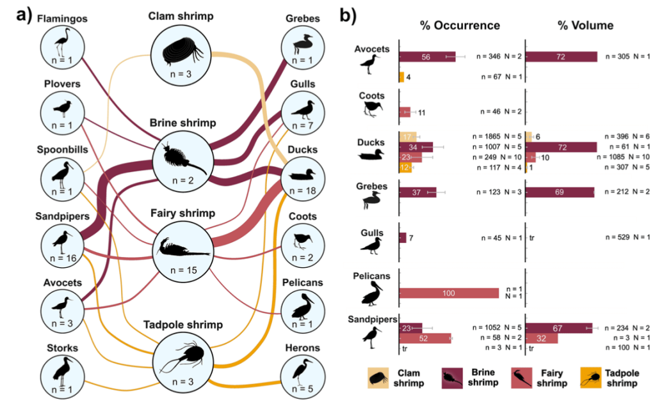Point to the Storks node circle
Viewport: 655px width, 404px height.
pyautogui.click(x=61, y=372)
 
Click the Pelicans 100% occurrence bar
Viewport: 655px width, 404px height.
pyautogui.click(x=448, y=293)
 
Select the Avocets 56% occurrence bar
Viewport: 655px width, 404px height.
pyautogui.click(x=427, y=57)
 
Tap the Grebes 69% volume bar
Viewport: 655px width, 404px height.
pyautogui.click(x=559, y=191)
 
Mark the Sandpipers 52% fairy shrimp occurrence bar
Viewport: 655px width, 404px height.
pyautogui.click(x=425, y=338)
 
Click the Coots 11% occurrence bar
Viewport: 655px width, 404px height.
pyautogui.click(x=405, y=112)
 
